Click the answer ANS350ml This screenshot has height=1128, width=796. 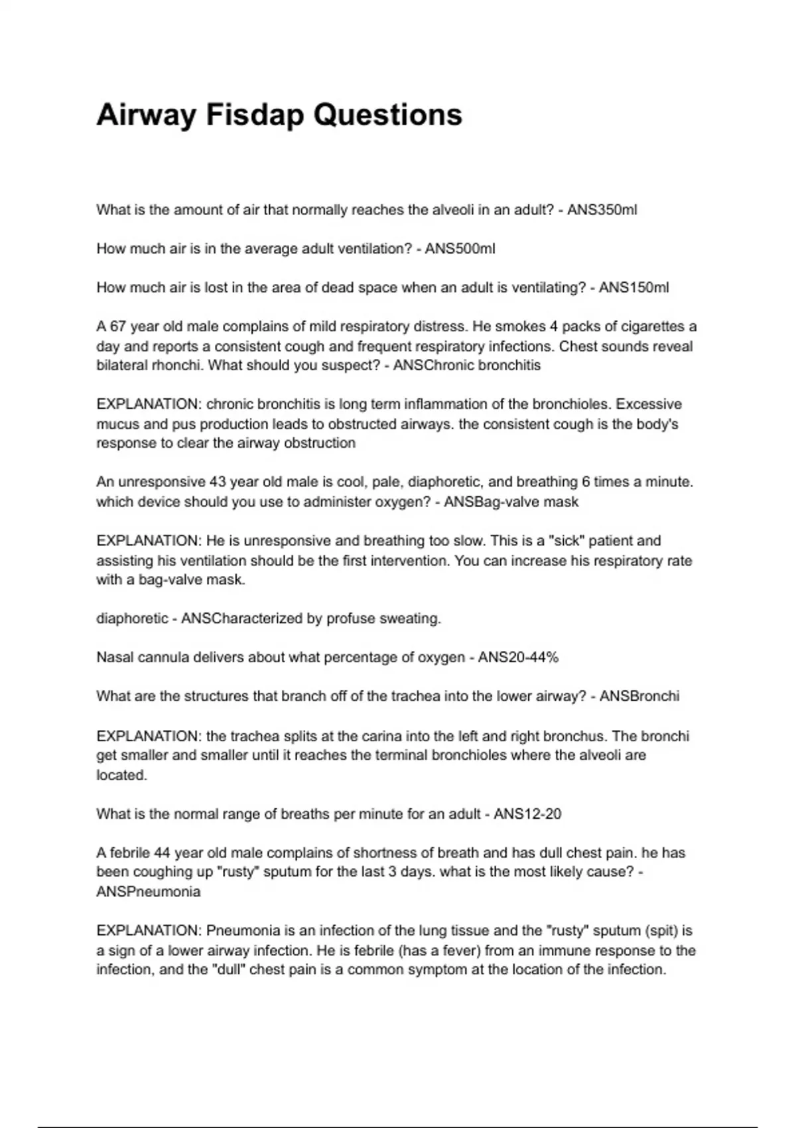click(602, 210)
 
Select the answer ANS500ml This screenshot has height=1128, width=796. click(460, 249)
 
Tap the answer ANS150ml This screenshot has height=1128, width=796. click(633, 287)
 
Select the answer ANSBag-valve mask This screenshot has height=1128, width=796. click(511, 502)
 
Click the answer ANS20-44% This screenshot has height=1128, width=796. click(518, 658)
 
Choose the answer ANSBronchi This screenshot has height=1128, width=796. click(639, 696)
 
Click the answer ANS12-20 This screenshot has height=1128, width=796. click(527, 813)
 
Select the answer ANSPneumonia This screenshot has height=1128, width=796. click(148, 892)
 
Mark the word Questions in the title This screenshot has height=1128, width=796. click(387, 115)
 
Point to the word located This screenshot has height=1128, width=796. click(121, 775)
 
